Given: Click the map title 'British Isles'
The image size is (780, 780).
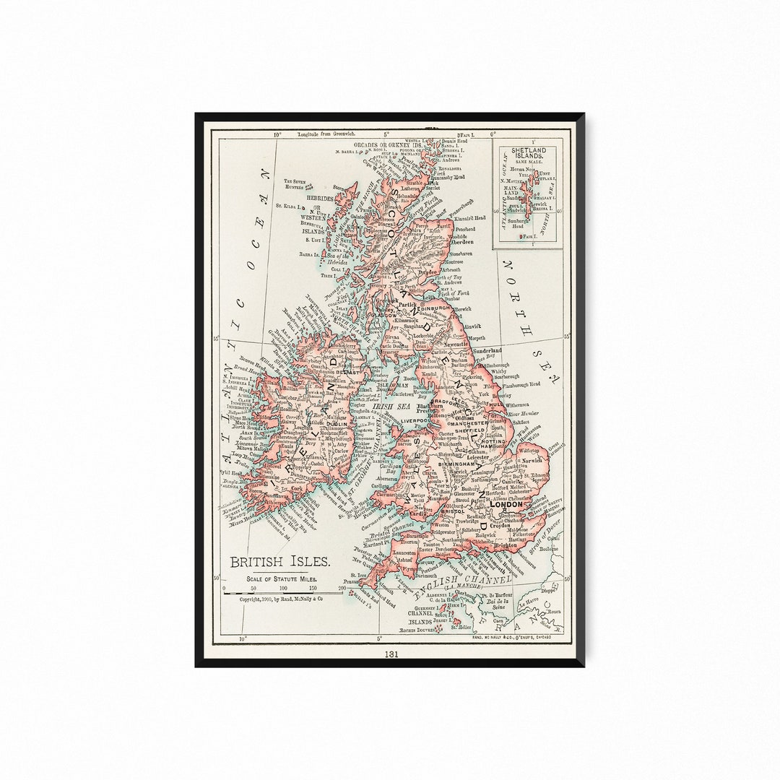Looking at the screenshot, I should (x=280, y=562).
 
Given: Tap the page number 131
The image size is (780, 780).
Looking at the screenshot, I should (x=391, y=654).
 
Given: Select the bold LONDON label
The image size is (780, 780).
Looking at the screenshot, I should (x=506, y=504).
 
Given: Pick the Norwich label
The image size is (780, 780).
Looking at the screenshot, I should (x=532, y=460).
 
